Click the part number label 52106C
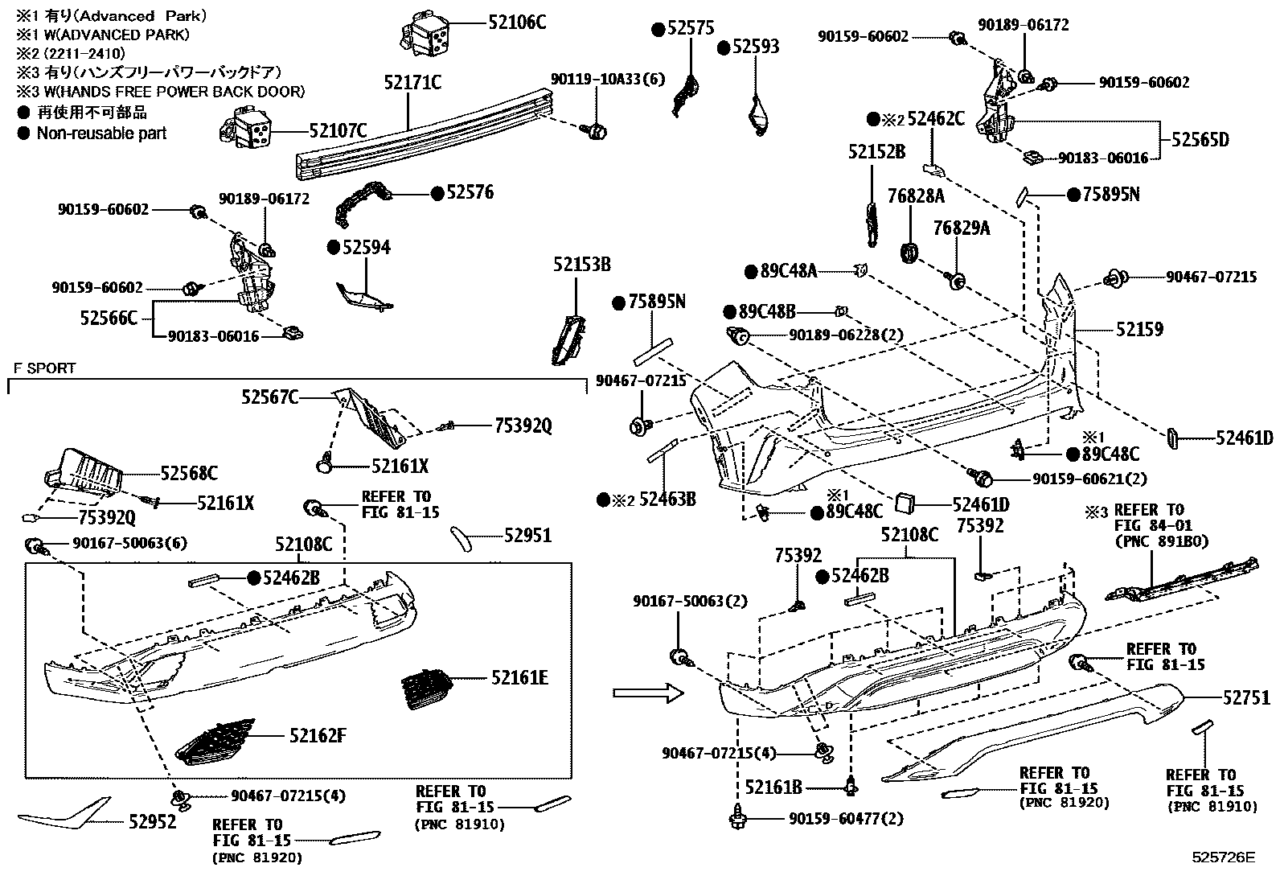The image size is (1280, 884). pyautogui.click(x=516, y=22)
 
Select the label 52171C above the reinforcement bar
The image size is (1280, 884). pyautogui.click(x=412, y=83)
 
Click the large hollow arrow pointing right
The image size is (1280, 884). pyautogui.click(x=646, y=693)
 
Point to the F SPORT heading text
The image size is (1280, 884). pyautogui.click(x=44, y=368)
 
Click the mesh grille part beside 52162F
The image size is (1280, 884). pyautogui.click(x=213, y=741)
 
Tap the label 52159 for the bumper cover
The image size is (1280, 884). pyautogui.click(x=1139, y=329)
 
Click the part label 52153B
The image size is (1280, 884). pyautogui.click(x=581, y=265)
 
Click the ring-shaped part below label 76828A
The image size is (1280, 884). pyautogui.click(x=909, y=252)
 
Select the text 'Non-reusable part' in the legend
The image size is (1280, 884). pyautogui.click(x=101, y=134)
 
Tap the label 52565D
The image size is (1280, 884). pyautogui.click(x=1200, y=140)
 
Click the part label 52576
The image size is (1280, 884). pyautogui.click(x=470, y=192)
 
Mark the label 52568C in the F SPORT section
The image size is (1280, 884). pyautogui.click(x=189, y=473)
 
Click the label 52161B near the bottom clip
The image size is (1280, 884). pyautogui.click(x=773, y=787)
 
